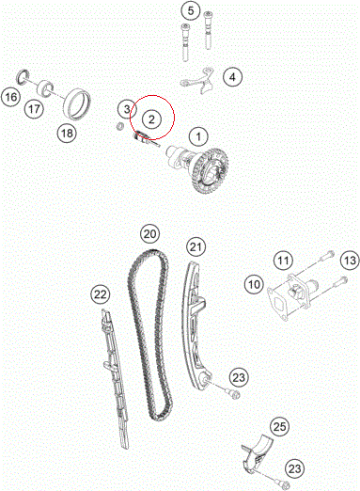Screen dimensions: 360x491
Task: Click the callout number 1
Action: point(198,136)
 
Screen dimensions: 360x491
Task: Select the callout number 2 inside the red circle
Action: point(151,119)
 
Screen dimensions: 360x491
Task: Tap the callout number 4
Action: point(232,77)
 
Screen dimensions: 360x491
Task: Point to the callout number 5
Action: point(191,10)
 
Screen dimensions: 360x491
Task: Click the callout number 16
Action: point(11,97)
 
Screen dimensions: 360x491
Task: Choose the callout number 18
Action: point(67,134)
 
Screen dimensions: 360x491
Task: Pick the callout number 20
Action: point(149,234)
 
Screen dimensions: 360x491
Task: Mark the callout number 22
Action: point(101,294)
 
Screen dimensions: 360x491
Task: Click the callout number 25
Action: point(280,426)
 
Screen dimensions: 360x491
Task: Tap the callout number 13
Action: point(350,261)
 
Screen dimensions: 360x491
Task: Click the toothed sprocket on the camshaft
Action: point(211,170)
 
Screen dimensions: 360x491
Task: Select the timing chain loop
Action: point(150,336)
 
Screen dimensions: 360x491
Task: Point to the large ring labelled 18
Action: point(77,104)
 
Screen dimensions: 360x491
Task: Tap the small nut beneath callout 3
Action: point(119,126)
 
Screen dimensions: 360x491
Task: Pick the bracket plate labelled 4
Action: point(196,81)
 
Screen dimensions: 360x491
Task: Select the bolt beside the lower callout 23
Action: point(279,481)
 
